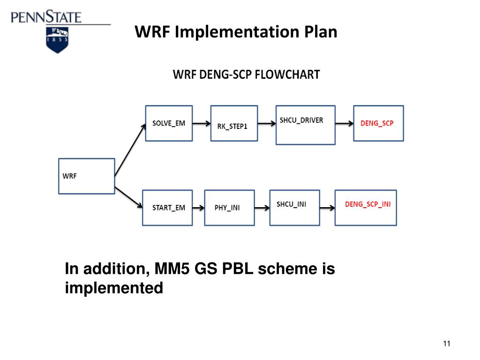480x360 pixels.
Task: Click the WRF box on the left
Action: (86, 176)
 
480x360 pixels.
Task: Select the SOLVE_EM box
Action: (169, 123)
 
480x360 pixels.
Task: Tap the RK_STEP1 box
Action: (234, 124)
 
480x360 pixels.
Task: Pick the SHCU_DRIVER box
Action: (305, 124)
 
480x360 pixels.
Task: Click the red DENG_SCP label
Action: (377, 123)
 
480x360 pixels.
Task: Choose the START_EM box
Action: (167, 208)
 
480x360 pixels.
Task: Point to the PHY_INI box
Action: (229, 208)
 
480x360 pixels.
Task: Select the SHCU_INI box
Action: (295, 207)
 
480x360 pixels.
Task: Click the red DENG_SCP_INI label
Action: (367, 204)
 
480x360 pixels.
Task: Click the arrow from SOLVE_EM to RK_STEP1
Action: (201, 124)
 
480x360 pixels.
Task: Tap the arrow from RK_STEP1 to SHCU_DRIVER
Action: (267, 124)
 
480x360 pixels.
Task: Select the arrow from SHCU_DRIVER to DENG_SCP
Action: (344, 124)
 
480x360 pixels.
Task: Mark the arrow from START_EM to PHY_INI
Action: (198, 208)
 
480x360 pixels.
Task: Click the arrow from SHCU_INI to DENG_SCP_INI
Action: (327, 207)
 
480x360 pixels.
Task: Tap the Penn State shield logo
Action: (58, 39)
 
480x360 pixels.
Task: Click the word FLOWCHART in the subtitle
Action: (287, 75)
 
